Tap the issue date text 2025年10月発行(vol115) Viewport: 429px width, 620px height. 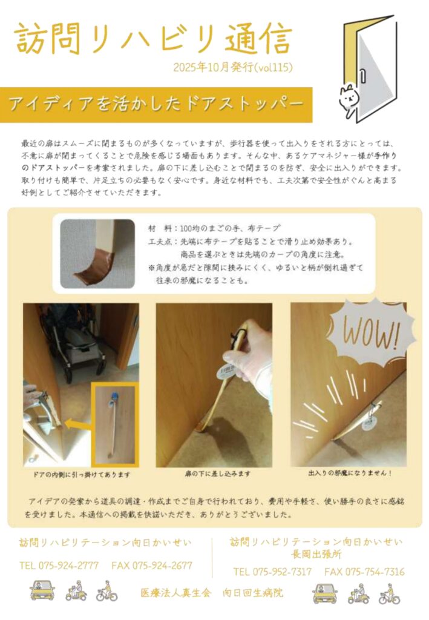(233, 68)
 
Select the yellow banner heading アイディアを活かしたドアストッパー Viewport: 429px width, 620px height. (157, 104)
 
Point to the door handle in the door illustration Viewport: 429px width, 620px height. (362, 76)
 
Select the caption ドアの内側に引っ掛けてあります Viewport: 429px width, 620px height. (81, 474)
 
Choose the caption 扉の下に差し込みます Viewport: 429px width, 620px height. (217, 473)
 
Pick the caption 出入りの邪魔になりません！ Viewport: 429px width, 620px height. (350, 472)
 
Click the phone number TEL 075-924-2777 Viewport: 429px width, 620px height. (59, 566)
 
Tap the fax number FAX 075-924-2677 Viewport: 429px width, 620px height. (152, 566)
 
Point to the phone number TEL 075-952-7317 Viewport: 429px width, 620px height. (272, 572)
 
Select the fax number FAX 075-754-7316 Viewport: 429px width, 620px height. (364, 572)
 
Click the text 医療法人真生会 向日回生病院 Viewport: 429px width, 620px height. (212, 593)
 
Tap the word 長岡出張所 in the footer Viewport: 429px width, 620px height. (316, 554)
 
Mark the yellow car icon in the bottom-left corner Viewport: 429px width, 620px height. (42, 590)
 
